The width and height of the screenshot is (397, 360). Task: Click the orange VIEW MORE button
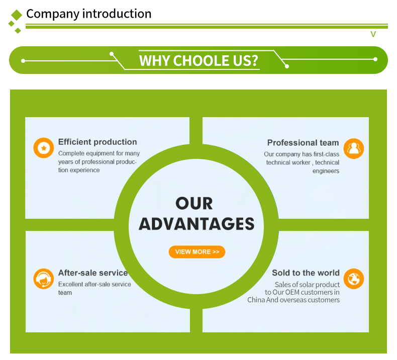pos(196,252)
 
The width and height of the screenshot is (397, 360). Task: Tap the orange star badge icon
pos(44,148)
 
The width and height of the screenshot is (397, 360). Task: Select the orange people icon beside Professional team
pos(354,148)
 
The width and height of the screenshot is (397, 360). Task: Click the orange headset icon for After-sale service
pos(44,279)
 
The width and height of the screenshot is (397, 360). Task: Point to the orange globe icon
pos(354,279)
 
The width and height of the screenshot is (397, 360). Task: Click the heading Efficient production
pos(97,142)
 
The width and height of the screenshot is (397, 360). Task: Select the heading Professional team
pos(303,143)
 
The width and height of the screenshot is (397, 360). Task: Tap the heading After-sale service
pos(93,273)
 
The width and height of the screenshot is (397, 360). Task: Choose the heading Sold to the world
pos(306,273)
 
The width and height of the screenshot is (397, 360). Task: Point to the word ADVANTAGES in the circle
pos(196,224)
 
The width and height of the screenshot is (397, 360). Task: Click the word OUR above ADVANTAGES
pos(194,204)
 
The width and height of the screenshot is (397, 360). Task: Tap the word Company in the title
pos(53,14)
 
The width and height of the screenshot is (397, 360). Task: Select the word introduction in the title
pos(117,14)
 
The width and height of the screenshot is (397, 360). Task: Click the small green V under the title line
pos(373,34)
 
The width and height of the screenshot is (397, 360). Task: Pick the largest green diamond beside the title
pos(17,15)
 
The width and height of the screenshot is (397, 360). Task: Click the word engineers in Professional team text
pos(326,171)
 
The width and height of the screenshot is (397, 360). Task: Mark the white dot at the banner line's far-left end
pos(23,61)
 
